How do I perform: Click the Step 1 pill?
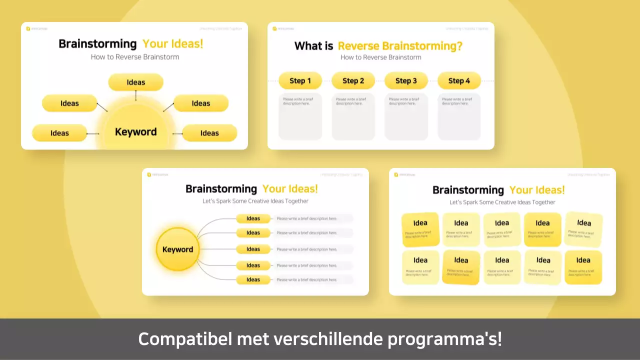pyautogui.click(x=300, y=81)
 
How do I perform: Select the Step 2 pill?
pyautogui.click(x=353, y=81)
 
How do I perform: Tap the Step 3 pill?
pyautogui.click(x=406, y=81)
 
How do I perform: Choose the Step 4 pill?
pyautogui.click(x=459, y=81)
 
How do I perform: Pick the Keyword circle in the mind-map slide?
pyautogui.click(x=177, y=249)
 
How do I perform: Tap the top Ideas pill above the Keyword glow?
pyautogui.click(x=136, y=82)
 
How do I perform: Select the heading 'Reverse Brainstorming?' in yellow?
pyautogui.click(x=400, y=46)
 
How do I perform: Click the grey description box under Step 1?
pyautogui.click(x=300, y=116)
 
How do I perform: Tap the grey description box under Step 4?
pyautogui.click(x=459, y=116)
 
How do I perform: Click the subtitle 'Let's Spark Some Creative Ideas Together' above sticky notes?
pyautogui.click(x=502, y=202)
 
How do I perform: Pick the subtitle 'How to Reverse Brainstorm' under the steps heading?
pyautogui.click(x=381, y=57)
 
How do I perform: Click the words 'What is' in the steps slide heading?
pyautogui.click(x=313, y=46)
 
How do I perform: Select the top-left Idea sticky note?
pyautogui.click(x=420, y=229)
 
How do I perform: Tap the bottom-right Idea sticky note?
pyautogui.click(x=583, y=267)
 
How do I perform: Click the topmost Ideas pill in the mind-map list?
pyautogui.click(x=253, y=218)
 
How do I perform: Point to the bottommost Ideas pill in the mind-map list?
pyautogui.click(x=253, y=279)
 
